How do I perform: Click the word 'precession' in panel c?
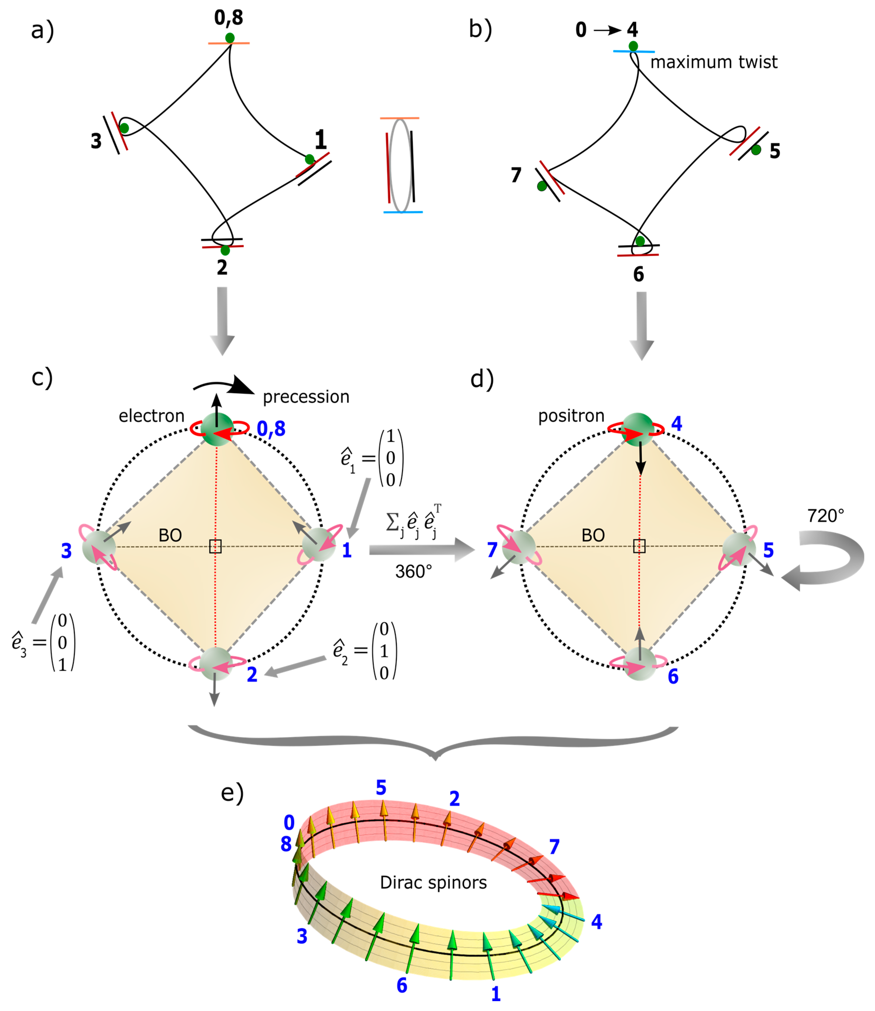(x=306, y=397)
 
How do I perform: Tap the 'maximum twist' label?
(x=714, y=62)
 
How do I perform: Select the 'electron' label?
(x=151, y=416)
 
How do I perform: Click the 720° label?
(x=825, y=516)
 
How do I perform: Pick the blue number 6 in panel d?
(x=673, y=677)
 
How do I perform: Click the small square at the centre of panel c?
(x=215, y=547)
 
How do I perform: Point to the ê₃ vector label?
(x=43, y=643)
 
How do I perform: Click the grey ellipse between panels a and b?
(x=400, y=166)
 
